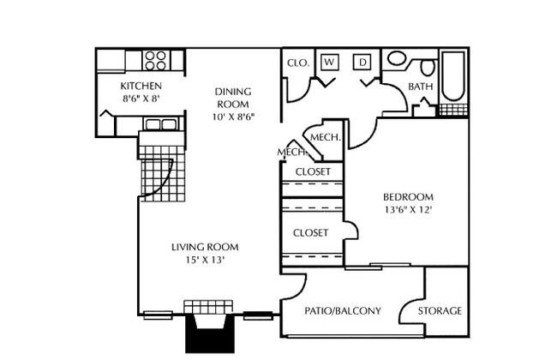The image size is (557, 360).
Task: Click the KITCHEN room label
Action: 141,86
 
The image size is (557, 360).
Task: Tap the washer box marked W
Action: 330,62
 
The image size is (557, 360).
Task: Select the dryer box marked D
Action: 362,63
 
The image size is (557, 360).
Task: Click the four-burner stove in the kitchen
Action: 156,60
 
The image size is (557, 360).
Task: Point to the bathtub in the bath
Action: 453,76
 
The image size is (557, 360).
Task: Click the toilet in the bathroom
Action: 428,67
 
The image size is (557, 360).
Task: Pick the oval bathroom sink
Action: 397,58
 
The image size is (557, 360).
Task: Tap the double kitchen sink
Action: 162,124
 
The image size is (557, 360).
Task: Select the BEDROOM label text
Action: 408,196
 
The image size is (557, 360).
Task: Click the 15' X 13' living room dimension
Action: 205,260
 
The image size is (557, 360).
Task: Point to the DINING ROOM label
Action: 233,98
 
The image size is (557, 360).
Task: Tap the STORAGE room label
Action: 440,311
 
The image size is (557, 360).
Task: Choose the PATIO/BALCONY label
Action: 343,311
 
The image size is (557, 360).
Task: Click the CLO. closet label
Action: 298,63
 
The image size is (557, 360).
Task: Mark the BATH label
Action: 420,87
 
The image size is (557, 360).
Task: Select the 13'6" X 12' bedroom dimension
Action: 408,210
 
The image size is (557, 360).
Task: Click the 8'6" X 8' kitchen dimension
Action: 141,99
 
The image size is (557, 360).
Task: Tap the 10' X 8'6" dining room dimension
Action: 233,117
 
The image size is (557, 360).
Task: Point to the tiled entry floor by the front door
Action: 162,174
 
